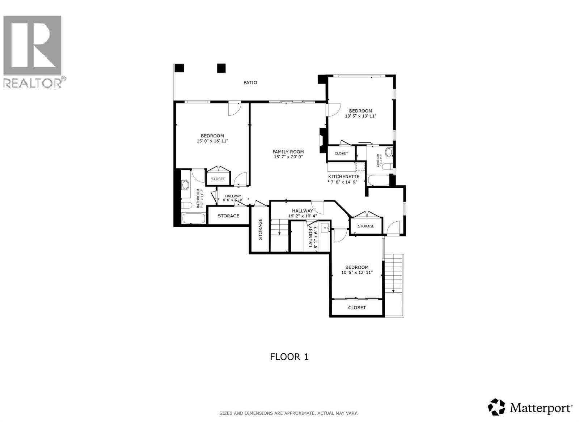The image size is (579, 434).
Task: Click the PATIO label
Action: point(250,82)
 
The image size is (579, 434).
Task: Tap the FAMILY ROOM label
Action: point(288,152)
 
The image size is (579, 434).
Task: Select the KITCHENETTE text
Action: point(343,176)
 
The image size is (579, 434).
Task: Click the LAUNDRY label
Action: point(310,237)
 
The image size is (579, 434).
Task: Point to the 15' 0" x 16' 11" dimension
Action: point(212,141)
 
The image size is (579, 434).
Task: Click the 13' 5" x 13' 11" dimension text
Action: point(360,116)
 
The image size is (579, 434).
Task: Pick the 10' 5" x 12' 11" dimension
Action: point(357,273)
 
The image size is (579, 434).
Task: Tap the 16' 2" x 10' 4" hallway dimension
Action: point(303,216)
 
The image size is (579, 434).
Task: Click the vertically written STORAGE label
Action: point(260,229)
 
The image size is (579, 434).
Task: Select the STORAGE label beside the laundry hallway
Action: point(366,226)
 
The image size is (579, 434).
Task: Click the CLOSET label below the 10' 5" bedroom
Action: point(357,307)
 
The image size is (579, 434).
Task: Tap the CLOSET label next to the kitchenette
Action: point(341,153)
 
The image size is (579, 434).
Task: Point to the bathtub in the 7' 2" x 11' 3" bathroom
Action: point(193,218)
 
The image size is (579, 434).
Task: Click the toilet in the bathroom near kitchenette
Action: point(387,167)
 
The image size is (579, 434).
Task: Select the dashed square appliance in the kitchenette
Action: point(360,167)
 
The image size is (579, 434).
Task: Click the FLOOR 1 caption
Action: point(289,357)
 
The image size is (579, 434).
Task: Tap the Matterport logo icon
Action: point(496,407)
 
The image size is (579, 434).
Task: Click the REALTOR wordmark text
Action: point(33,83)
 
